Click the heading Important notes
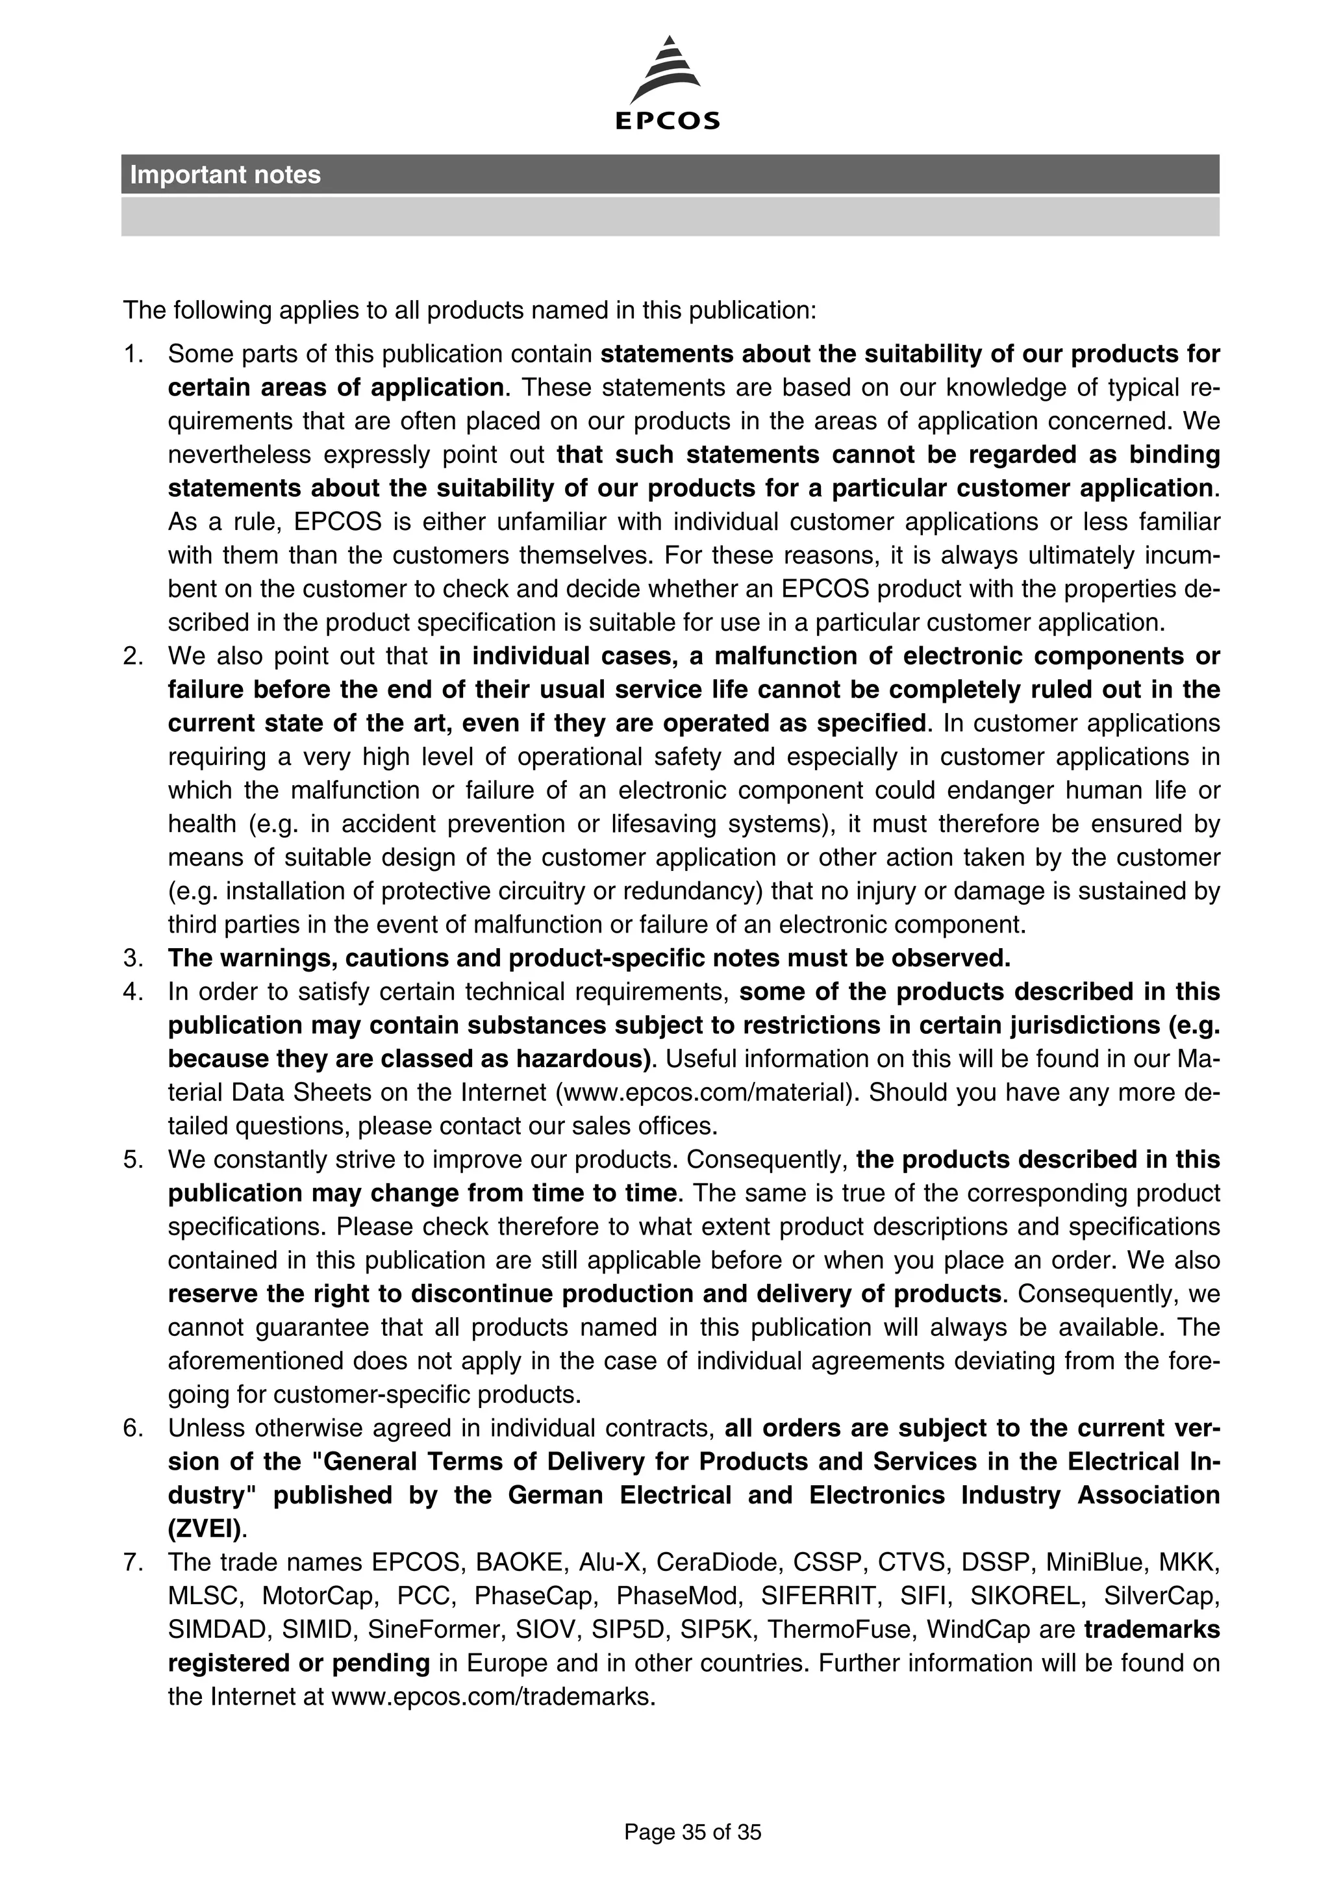225,175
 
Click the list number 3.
133,959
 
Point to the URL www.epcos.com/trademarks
492,1696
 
